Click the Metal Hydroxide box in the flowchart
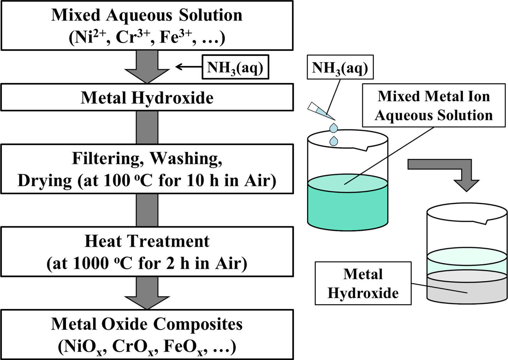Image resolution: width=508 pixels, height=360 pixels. [147, 98]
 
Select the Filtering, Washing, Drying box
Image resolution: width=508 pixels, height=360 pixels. [147, 169]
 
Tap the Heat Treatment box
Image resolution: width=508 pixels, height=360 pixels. [147, 252]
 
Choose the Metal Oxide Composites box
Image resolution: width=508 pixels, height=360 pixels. [147, 334]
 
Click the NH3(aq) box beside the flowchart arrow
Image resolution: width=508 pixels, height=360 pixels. [235, 67]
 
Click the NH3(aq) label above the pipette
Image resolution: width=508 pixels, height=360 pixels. [340, 67]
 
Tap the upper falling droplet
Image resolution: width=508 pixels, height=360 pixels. [334, 128]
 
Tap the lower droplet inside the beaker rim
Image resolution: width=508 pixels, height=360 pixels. [334, 141]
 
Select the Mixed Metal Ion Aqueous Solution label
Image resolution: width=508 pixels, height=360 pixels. [434, 106]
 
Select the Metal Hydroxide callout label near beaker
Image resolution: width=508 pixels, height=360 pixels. [363, 283]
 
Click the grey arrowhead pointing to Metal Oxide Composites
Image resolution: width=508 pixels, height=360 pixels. [147, 302]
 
